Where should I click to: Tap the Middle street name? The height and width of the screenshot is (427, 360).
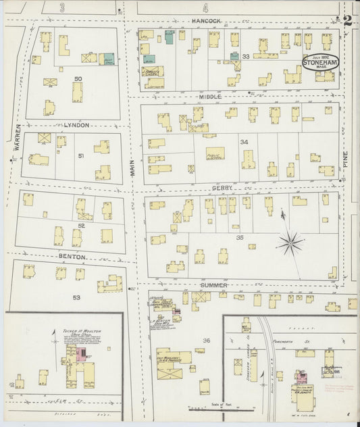(209, 97)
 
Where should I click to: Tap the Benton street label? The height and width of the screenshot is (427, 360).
(72, 257)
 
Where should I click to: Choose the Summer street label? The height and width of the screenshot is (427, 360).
(211, 286)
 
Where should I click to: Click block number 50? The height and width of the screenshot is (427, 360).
(78, 80)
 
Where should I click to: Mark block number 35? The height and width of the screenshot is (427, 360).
(239, 238)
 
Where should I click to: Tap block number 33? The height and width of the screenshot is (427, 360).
(246, 57)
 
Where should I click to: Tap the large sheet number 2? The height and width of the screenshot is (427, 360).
(347, 20)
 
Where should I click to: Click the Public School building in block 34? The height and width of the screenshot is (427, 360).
(215, 154)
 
